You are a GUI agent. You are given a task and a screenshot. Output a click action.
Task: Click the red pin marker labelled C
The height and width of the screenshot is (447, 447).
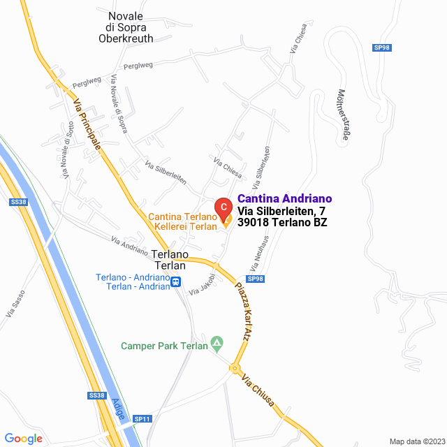point(222,207)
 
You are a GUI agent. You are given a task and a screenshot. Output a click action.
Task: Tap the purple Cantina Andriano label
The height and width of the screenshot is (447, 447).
point(285,199)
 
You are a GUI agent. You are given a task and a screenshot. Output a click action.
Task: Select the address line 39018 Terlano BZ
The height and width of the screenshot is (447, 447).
point(282,223)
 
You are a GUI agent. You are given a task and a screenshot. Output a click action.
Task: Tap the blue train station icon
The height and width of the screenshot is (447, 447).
point(176,283)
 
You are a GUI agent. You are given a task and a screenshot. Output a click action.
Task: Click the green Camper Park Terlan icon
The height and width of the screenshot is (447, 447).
point(217,344)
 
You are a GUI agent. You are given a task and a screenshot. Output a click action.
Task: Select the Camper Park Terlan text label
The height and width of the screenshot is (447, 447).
point(165,346)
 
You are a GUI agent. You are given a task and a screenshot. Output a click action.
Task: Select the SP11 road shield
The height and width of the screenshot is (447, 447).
point(142,418)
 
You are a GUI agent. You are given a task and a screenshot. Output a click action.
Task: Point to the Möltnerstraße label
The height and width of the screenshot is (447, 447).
point(343,115)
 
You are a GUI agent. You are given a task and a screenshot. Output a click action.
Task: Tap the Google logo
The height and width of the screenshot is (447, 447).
point(23,439)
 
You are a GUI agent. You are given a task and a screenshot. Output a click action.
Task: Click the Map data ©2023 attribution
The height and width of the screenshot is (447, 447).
point(416,441)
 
